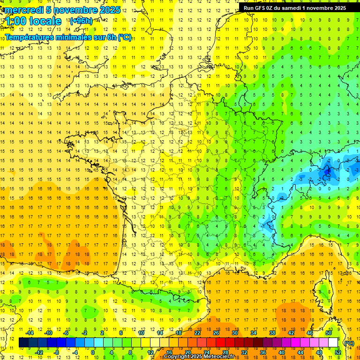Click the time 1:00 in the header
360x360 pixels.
(x=17, y=21)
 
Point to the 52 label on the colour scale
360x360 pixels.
(x=338, y=352)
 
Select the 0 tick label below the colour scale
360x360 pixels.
(x=93, y=352)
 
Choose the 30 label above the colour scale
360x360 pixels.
(x=235, y=333)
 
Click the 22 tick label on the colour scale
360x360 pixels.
(x=197, y=333)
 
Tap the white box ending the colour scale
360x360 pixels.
(x=333, y=343)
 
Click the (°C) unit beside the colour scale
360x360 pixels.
(x=349, y=343)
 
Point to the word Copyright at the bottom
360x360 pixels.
(x=177, y=357)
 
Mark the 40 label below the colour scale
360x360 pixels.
(x=282, y=352)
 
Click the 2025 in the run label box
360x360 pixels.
(x=337, y=8)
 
